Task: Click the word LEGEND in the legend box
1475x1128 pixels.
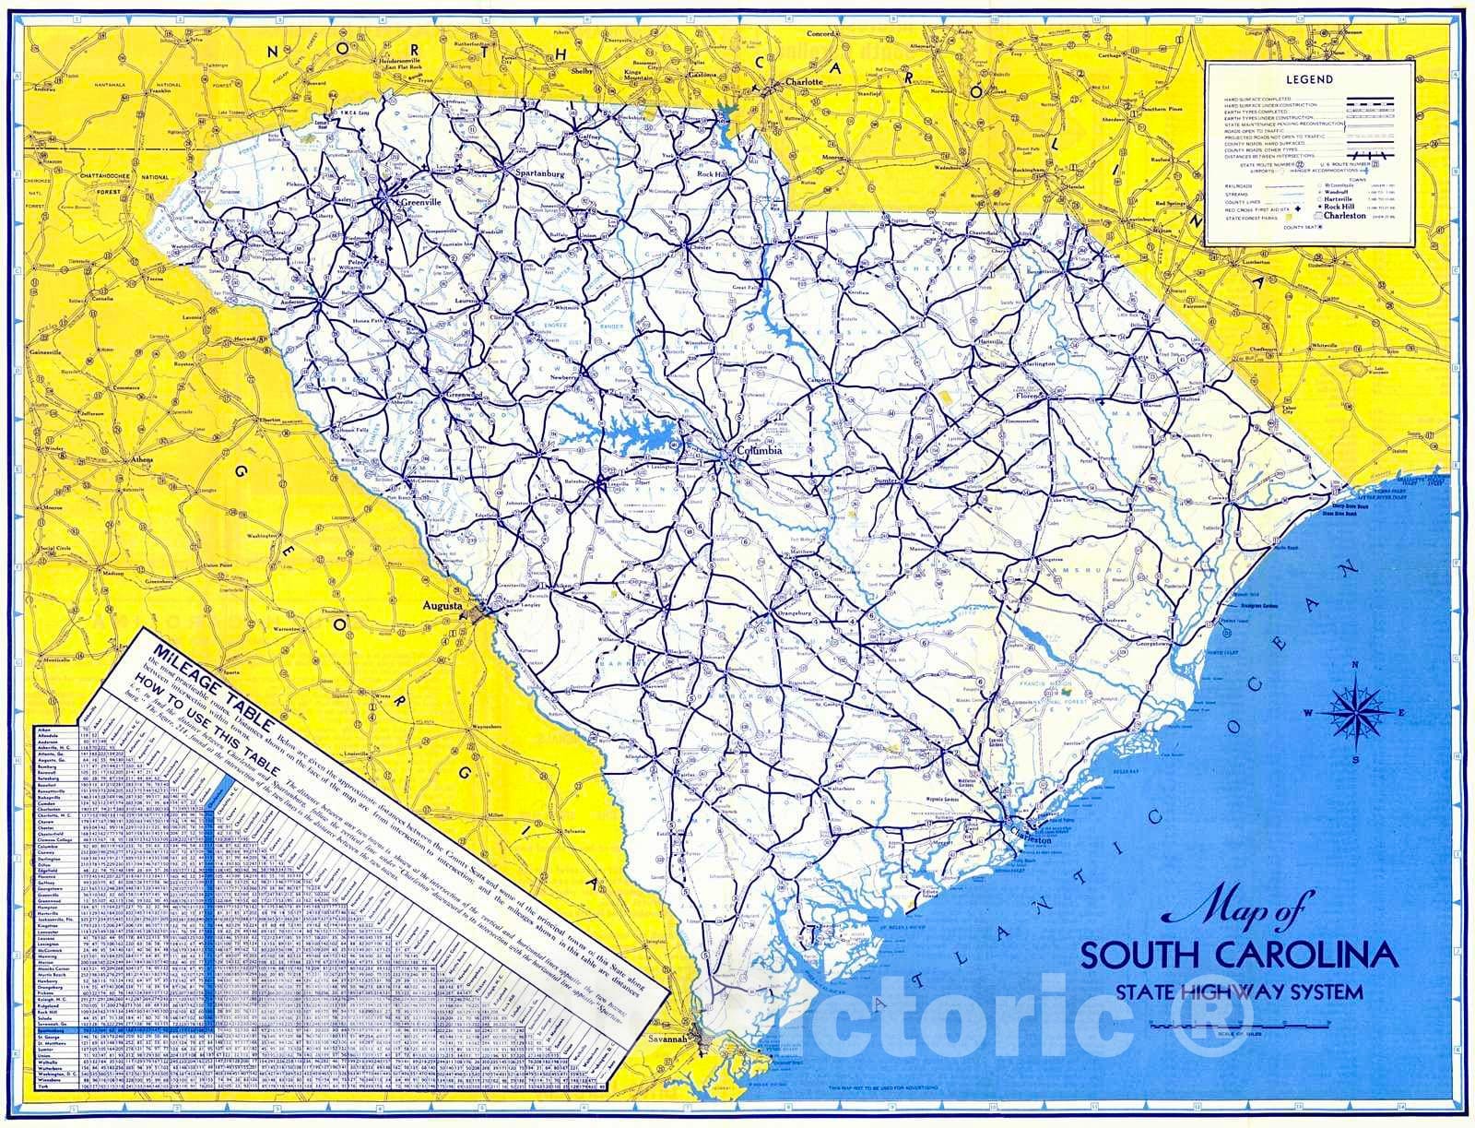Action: (x=1309, y=79)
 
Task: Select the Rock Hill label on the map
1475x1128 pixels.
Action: (x=715, y=174)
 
